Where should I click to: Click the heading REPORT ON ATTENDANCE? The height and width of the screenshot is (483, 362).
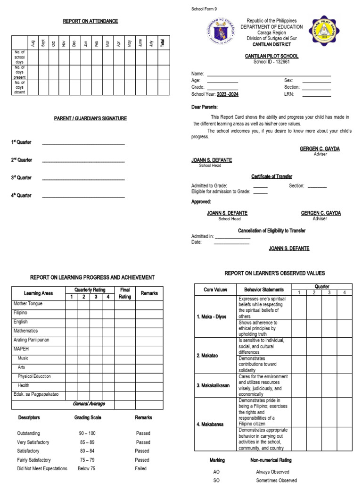pyautogui.click(x=90, y=21)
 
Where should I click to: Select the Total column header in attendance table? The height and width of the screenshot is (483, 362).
pyautogui.click(x=163, y=43)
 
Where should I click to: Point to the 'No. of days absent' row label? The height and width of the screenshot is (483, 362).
pyautogui.click(x=20, y=87)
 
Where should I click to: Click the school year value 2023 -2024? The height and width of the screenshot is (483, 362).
pyautogui.click(x=228, y=94)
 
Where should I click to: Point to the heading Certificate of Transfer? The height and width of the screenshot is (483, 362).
pyautogui.click(x=271, y=176)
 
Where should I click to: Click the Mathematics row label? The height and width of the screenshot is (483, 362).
pyautogui.click(x=26, y=331)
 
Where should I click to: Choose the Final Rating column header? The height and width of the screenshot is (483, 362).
pyautogui.click(x=125, y=293)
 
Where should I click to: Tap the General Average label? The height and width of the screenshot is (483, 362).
pyautogui.click(x=89, y=404)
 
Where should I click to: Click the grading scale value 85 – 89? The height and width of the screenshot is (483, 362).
pyautogui.click(x=87, y=442)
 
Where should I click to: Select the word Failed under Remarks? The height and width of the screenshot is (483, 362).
pyautogui.click(x=140, y=468)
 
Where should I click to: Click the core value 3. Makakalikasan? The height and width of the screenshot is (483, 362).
pyautogui.click(x=214, y=385)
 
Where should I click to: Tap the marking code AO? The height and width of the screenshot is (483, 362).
pyautogui.click(x=217, y=472)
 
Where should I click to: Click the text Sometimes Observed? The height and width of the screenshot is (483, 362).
pyautogui.click(x=276, y=480)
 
